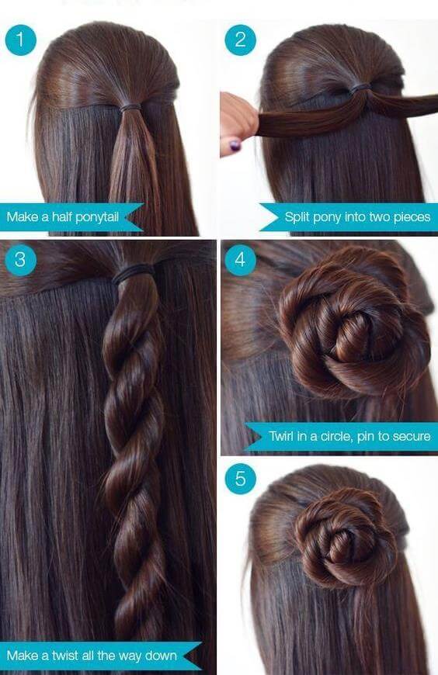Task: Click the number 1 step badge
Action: pos(20,40)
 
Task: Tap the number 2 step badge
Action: pos(240,40)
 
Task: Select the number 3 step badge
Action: pos(20,260)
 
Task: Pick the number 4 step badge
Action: pos(240,260)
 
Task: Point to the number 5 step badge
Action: pos(240,479)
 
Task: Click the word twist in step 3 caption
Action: pos(65,656)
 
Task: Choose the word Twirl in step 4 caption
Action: pos(281,436)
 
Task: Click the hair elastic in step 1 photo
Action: pos(130,107)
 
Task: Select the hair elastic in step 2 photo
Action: pos(360,88)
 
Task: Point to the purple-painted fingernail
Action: pos(235,146)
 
